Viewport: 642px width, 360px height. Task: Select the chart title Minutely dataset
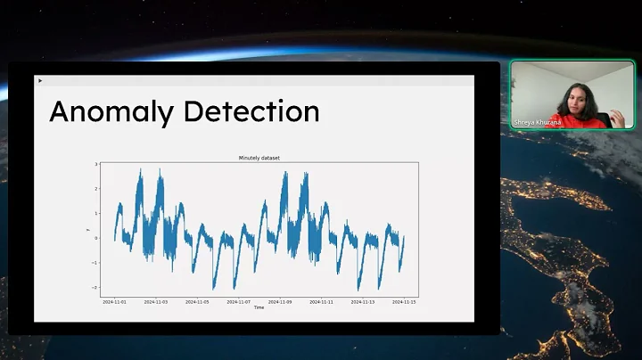pos(259,158)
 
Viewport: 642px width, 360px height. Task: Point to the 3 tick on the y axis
pos(95,165)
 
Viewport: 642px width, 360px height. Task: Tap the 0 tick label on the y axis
pos(95,238)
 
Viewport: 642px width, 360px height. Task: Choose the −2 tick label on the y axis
pos(95,287)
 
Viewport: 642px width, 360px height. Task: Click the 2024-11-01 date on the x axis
pos(115,301)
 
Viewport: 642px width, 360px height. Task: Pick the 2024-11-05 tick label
pos(197,301)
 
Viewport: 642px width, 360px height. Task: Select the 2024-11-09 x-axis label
pos(280,301)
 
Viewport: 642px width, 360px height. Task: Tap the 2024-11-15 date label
pos(404,301)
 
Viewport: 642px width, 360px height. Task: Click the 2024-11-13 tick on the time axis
pos(363,301)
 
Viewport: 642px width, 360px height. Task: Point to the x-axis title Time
pos(259,307)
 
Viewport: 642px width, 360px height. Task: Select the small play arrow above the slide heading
pos(40,81)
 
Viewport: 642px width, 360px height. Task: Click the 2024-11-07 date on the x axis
pos(239,301)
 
